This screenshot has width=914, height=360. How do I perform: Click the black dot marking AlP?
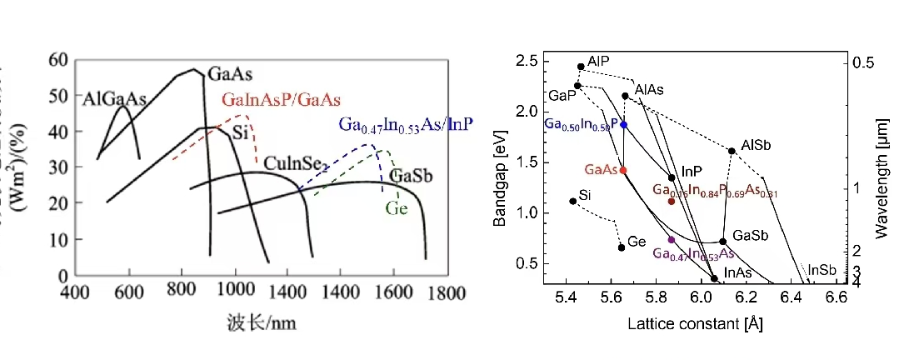point(581,67)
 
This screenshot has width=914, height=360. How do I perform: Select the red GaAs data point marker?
point(623,170)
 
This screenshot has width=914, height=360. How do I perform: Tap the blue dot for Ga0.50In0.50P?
point(623,124)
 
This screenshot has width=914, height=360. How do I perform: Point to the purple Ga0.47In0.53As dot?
point(672,240)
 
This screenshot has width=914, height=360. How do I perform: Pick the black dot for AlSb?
point(732,151)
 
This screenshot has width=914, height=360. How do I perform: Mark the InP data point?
point(672,177)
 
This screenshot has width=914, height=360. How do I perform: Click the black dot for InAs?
point(715,278)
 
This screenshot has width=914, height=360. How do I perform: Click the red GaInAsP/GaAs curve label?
point(281,100)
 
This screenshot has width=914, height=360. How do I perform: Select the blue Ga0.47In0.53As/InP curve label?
point(405,124)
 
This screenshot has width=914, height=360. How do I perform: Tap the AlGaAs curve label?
point(114,99)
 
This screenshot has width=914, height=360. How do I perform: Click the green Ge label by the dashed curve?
point(397,207)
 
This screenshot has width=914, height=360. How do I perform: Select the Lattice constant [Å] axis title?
point(696,322)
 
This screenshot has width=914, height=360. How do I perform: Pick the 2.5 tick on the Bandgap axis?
point(526,61)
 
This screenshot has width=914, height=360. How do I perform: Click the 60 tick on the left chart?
point(57,59)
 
